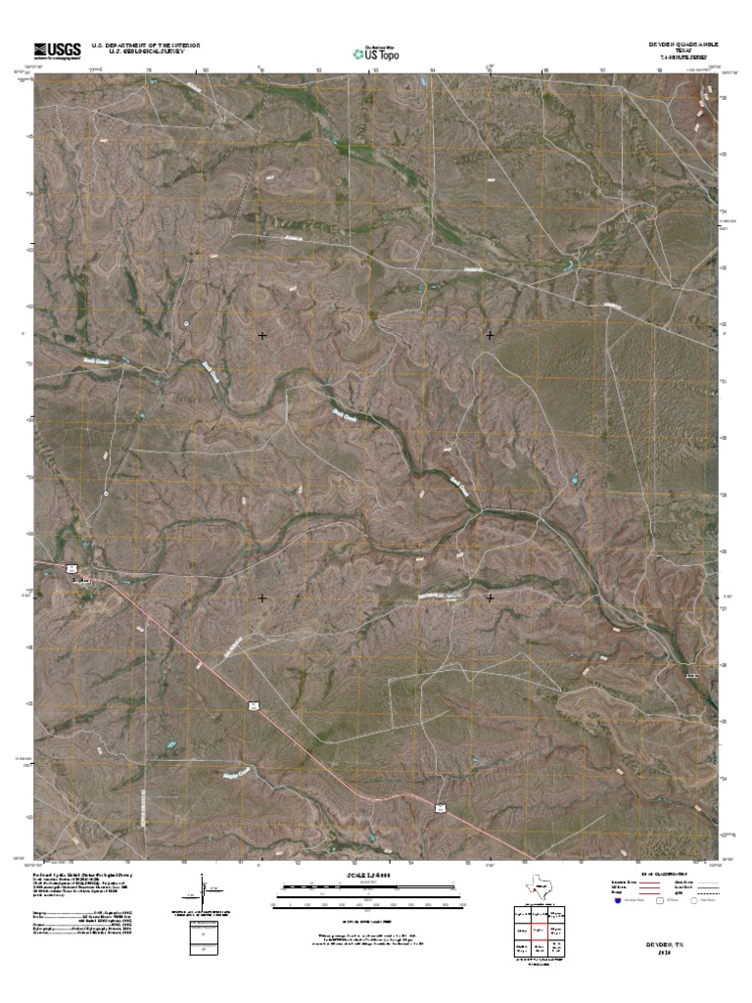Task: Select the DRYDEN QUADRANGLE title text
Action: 681,44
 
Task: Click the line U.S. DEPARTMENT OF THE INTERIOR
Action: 146,45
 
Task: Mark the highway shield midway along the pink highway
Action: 252,704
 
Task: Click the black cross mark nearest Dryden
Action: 262,597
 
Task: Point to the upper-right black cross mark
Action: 490,335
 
